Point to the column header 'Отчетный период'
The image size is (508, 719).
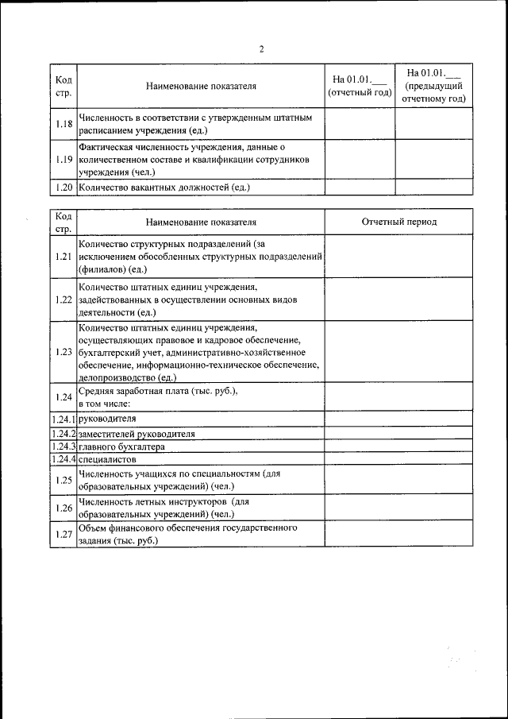[x=398, y=222]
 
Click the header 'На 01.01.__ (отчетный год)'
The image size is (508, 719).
[x=360, y=86]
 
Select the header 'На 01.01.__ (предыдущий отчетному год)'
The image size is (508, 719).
[x=433, y=86]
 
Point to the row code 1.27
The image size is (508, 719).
[x=65, y=534]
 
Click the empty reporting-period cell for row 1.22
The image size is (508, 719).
[x=398, y=299]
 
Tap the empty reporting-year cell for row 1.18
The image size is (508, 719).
[x=360, y=123]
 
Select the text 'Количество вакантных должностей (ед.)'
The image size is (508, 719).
[x=164, y=187]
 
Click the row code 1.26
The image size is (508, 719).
[x=65, y=507]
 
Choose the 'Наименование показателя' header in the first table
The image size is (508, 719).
[x=202, y=86]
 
